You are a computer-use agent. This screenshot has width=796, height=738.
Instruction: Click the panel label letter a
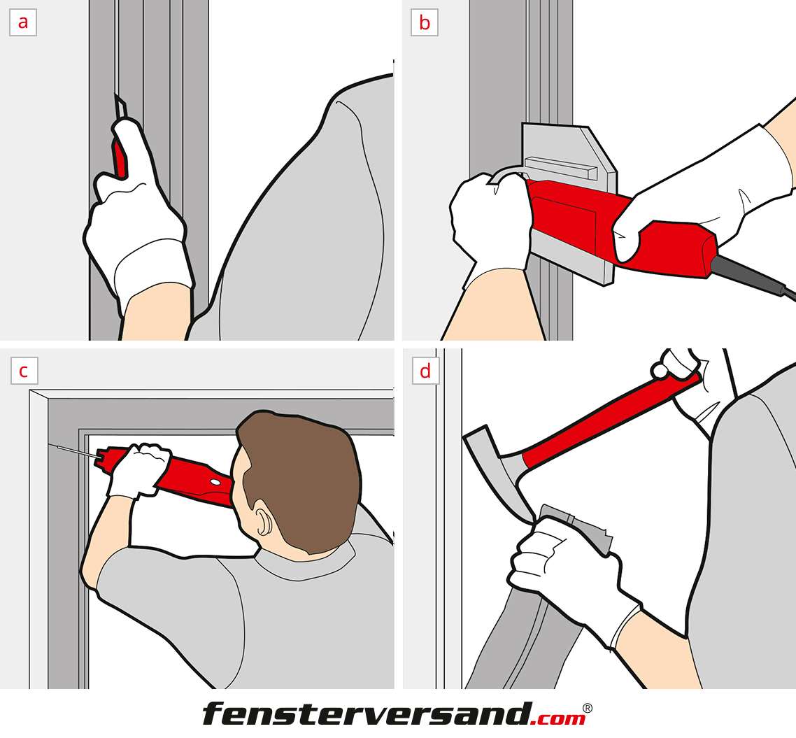(23, 23)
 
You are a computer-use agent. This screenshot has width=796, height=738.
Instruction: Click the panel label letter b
(425, 23)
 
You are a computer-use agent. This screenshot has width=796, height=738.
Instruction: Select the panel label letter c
(23, 371)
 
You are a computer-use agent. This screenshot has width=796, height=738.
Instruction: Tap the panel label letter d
(425, 371)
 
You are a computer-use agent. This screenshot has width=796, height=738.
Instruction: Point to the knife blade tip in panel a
(115, 95)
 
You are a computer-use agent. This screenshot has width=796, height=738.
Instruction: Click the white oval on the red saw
(215, 481)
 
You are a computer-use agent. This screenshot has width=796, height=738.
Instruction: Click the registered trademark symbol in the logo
(587, 707)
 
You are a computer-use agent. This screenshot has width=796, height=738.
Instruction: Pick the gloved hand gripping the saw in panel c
(138, 470)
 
